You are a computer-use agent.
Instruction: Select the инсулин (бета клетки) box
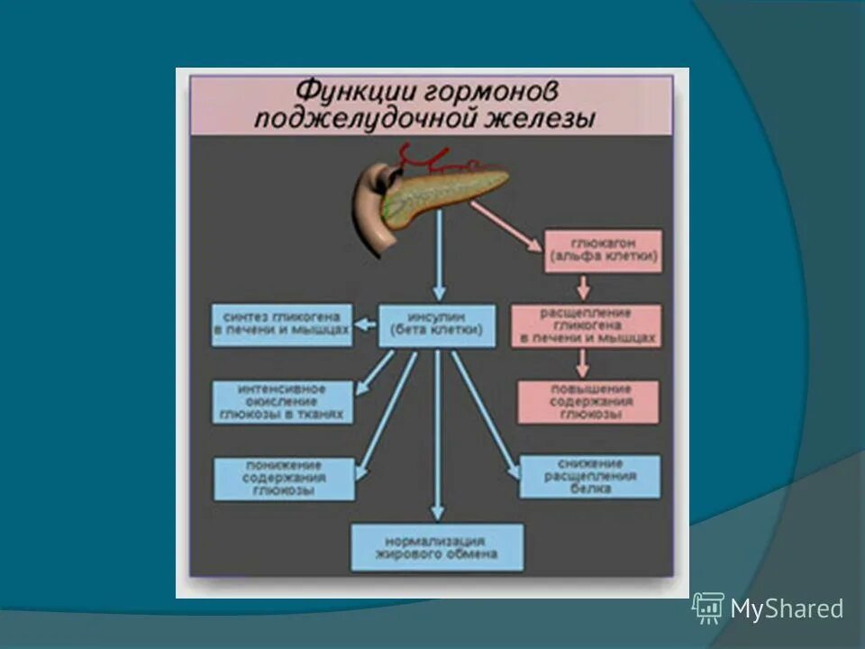coord(437,325)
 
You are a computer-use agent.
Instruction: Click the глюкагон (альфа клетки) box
coord(603,251)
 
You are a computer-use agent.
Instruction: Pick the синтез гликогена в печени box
coord(281,325)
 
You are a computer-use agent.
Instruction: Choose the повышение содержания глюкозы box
coord(587,402)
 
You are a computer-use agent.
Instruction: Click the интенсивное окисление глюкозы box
coord(282,402)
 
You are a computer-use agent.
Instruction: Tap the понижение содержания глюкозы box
coord(284,479)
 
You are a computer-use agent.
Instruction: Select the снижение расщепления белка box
coord(590,477)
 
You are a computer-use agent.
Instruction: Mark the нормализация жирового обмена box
coord(437,547)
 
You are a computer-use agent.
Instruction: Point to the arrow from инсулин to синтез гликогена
coord(365,325)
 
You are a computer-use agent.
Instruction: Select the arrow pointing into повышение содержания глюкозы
coord(584,363)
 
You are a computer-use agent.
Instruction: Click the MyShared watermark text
coord(786,609)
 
